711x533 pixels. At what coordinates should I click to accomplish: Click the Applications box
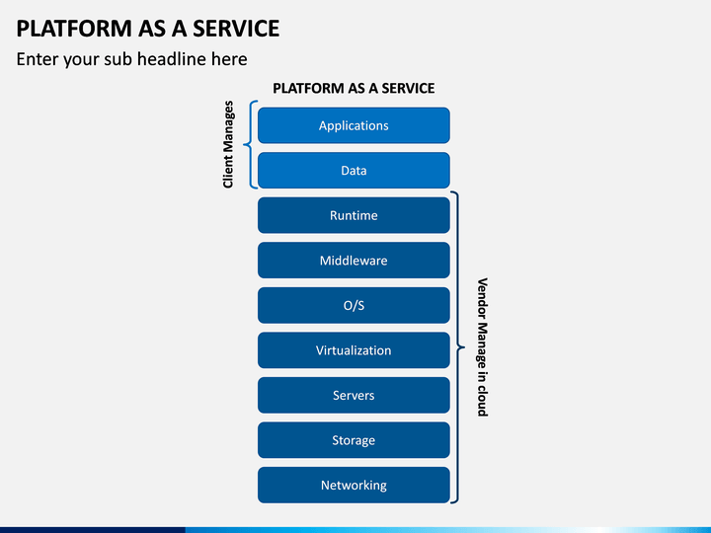pos(354,125)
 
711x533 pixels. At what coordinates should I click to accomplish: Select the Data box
pos(354,171)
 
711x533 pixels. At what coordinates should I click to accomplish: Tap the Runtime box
pos(354,215)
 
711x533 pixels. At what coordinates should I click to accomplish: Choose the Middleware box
pos(354,261)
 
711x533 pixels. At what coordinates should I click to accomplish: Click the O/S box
pos(354,305)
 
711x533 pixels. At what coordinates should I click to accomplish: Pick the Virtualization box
pos(354,349)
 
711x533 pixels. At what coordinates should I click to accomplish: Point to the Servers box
pos(354,395)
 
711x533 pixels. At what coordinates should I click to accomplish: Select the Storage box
pos(354,440)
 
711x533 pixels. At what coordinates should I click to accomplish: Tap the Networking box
pos(354,485)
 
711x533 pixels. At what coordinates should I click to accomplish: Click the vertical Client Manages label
pos(228,144)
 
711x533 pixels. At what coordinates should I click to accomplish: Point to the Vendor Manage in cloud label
pos(483,347)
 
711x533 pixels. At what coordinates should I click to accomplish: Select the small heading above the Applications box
pos(354,88)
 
